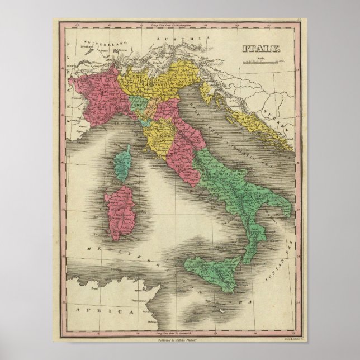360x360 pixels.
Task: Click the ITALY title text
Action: pyautogui.click(x=262, y=49)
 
